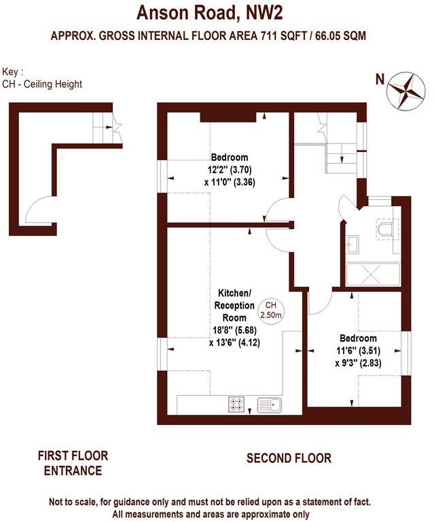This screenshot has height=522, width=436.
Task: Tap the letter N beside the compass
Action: pos(380,79)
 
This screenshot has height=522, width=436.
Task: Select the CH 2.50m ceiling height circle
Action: pos(271,310)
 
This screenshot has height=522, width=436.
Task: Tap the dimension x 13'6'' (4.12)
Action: pos(234,343)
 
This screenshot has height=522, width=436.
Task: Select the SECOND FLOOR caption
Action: pos(289,459)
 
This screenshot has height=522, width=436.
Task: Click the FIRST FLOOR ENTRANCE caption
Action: pos(73,464)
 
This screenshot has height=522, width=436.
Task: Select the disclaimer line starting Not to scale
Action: pos(210,503)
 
